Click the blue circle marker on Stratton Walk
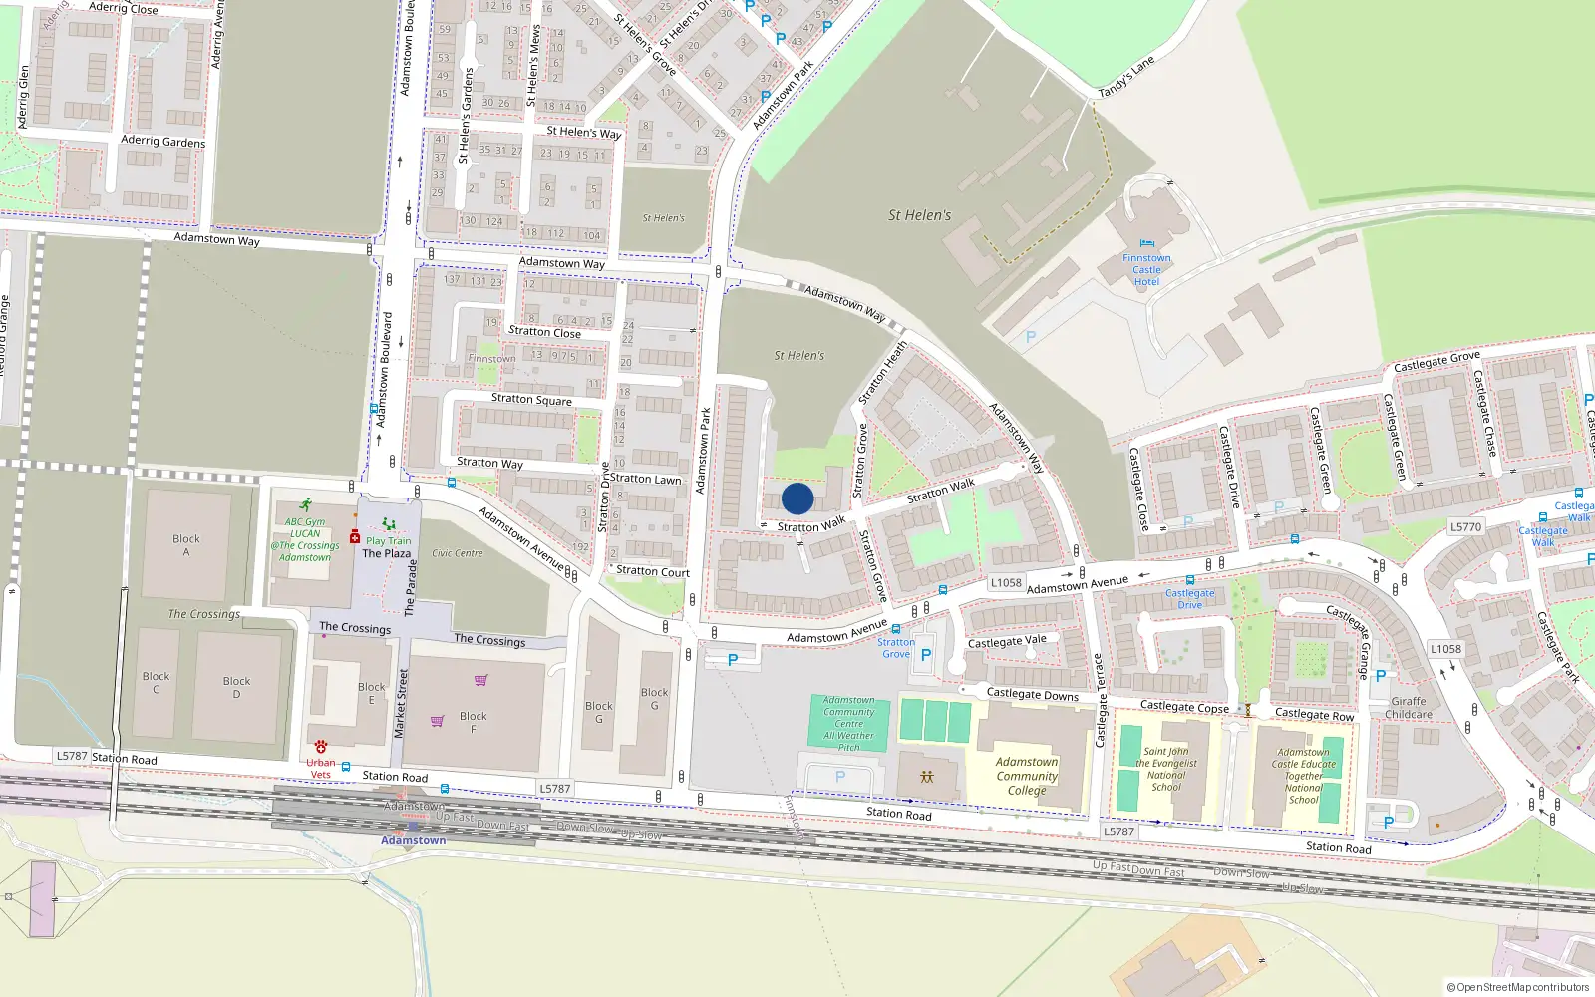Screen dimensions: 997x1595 coord(797,498)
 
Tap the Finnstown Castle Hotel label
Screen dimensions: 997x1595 coord(1146,269)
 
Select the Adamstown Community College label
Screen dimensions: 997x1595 coord(1027,776)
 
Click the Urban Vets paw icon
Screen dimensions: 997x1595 coord(321,746)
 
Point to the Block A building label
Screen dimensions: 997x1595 coord(186,545)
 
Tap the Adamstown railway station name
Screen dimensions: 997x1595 coord(414,840)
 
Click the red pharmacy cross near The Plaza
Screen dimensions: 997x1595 coord(354,537)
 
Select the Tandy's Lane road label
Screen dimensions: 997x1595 coord(1126,77)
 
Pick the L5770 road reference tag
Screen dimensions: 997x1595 coord(1465,527)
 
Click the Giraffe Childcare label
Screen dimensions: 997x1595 coord(1409,708)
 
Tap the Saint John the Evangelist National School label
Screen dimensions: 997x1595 coord(1166,769)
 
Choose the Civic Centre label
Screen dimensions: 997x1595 coord(458,553)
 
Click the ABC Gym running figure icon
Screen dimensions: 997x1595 coord(305,505)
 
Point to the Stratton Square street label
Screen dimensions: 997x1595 coord(531,400)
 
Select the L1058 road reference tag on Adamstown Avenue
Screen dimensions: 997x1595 coord(1006,583)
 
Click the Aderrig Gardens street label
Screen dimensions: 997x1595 coord(163,142)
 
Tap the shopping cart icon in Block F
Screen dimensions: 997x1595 coord(437,721)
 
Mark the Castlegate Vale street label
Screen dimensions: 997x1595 coord(1007,641)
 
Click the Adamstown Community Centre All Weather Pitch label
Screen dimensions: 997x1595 coord(849,724)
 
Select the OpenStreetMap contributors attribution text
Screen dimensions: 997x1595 coord(1517,987)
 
